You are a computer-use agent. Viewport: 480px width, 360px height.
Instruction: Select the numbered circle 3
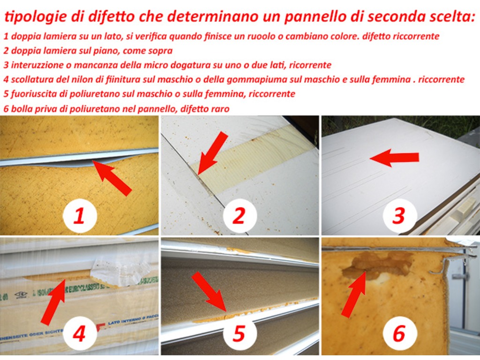[399, 216]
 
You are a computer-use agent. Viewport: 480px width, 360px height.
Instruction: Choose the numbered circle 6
[399, 334]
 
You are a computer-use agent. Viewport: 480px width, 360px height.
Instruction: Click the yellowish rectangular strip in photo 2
[253, 159]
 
